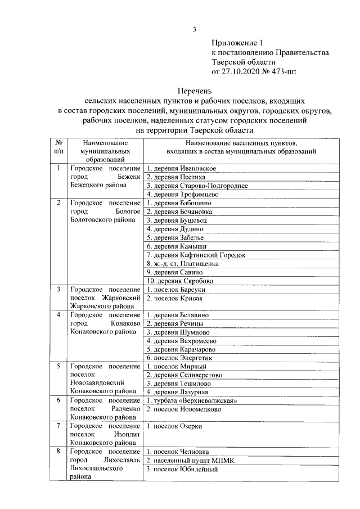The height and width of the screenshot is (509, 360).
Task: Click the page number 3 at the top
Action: pyautogui.click(x=194, y=30)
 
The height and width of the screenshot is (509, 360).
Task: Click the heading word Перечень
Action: pyautogui.click(x=194, y=90)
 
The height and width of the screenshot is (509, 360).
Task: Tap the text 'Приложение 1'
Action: pyautogui.click(x=237, y=42)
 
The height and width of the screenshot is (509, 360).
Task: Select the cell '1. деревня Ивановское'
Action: pyautogui.click(x=181, y=168)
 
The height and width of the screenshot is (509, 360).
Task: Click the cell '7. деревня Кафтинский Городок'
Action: pyautogui.click(x=196, y=255)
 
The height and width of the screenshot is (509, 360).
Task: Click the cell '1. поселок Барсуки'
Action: pyautogui.click(x=175, y=289)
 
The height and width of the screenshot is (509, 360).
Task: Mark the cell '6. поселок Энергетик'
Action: pyautogui.click(x=180, y=358)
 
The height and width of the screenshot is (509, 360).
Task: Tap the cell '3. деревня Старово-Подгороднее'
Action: pyautogui.click(x=196, y=186)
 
